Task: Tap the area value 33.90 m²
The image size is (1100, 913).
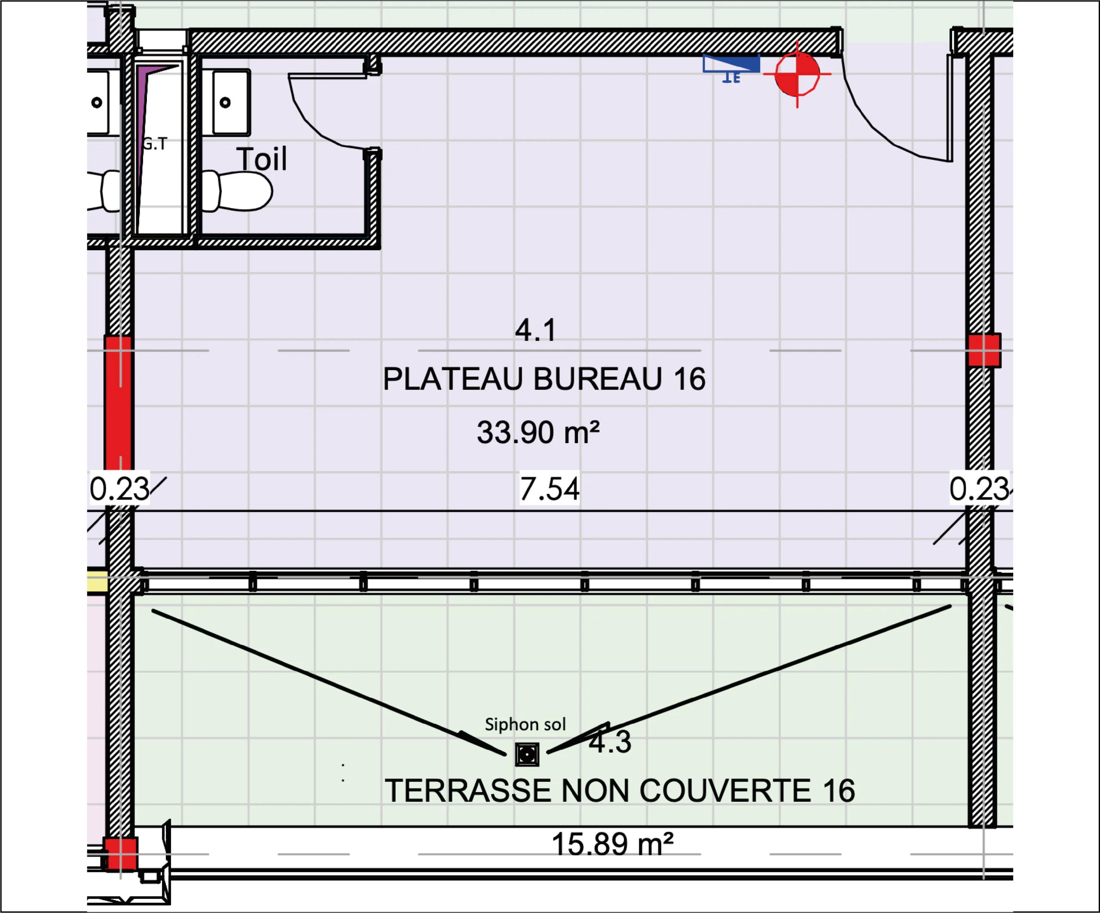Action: point(538,432)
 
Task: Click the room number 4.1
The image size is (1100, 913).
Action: point(535,330)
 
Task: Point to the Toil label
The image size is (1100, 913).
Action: point(261,159)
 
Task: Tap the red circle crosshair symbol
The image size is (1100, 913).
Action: point(797,74)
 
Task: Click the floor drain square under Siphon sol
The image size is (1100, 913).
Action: point(527,755)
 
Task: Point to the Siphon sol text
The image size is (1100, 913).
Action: point(526,724)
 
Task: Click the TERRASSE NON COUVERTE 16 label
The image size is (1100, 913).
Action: point(620,790)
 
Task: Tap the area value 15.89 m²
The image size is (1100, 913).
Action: point(612,844)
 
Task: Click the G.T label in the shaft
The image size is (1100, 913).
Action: point(155,144)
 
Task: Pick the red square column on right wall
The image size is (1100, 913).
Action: point(984,350)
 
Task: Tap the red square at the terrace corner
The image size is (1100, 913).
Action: point(120,853)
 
